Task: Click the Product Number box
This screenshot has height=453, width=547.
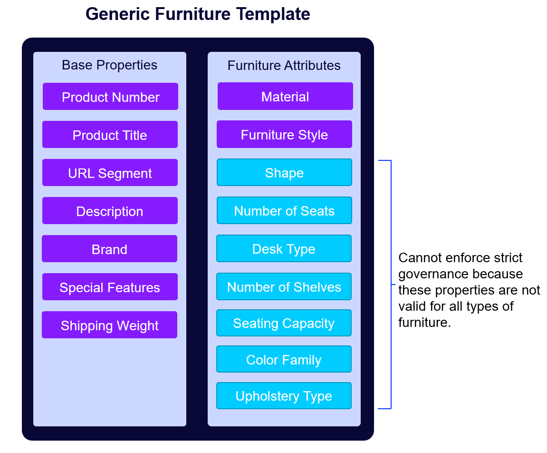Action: click(110, 97)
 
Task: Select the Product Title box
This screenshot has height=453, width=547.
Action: click(110, 135)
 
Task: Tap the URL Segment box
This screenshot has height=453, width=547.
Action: click(110, 173)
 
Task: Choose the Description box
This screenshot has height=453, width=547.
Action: click(110, 211)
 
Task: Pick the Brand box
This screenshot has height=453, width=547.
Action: click(109, 249)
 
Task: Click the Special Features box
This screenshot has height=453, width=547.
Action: click(110, 287)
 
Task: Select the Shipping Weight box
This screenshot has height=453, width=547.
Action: click(109, 325)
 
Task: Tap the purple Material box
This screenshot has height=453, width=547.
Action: click(285, 96)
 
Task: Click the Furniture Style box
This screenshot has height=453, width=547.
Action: click(284, 134)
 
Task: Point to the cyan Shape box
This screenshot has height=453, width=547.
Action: click(284, 172)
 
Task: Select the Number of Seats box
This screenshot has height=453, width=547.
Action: click(284, 210)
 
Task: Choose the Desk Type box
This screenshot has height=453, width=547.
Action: click(284, 248)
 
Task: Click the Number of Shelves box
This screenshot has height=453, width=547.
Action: click(284, 286)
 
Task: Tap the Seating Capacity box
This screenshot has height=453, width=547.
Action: click(284, 323)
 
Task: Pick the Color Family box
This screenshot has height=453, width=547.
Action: click(284, 359)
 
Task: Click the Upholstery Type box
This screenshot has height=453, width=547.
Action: click(284, 396)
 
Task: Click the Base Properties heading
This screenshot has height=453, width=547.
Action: click(109, 65)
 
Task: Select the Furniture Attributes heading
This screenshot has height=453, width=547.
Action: click(284, 65)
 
